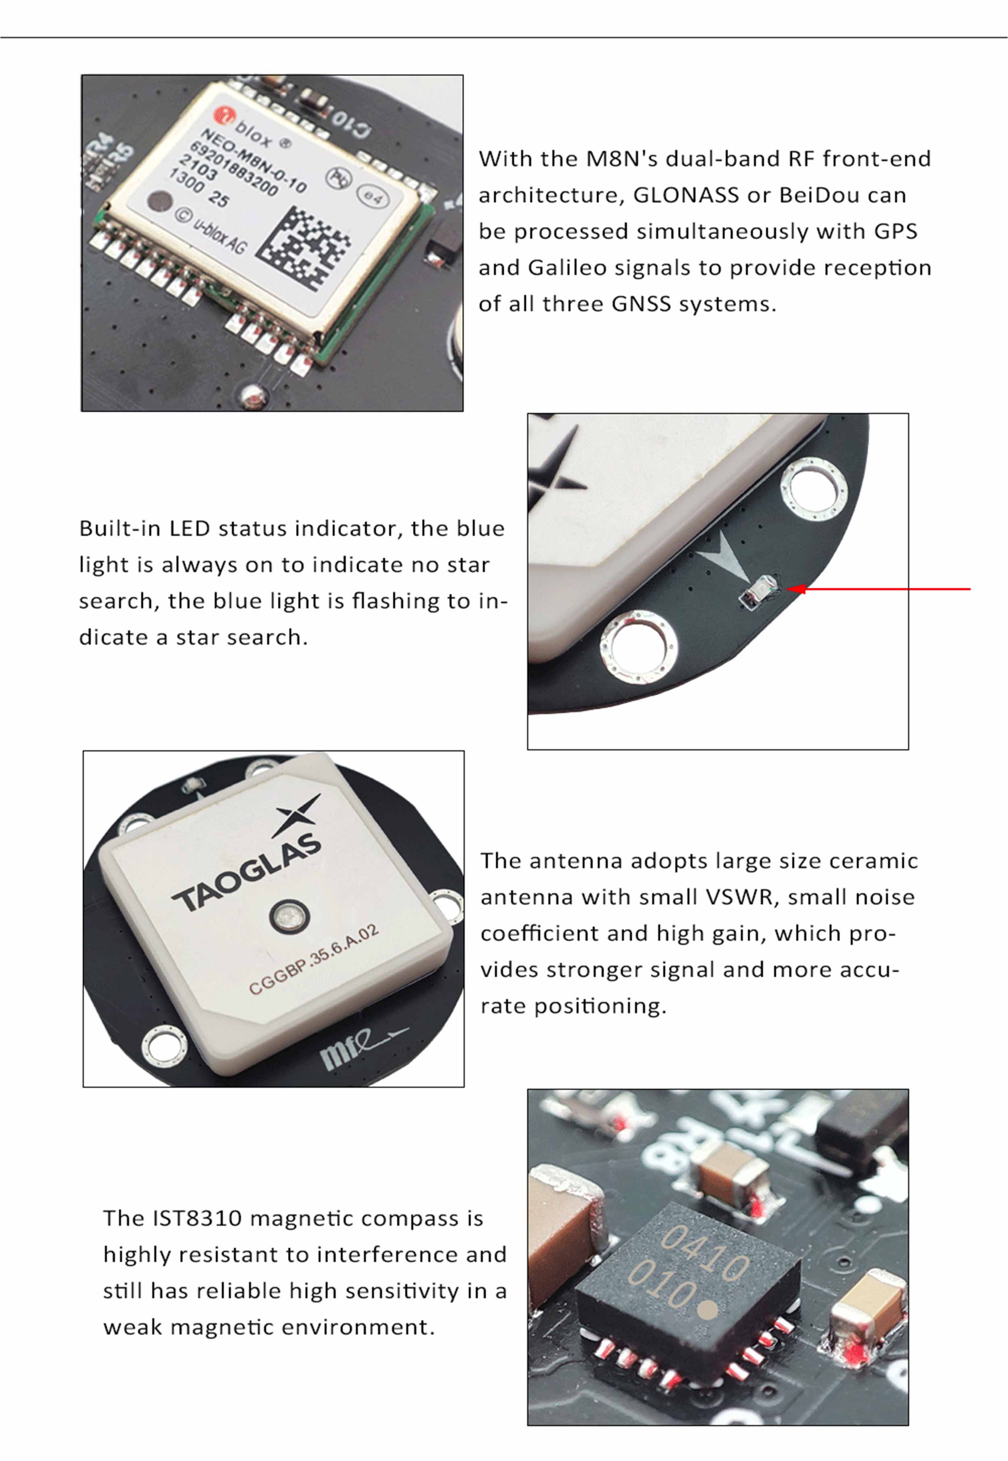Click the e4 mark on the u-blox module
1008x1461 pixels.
click(373, 197)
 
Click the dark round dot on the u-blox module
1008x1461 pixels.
click(160, 201)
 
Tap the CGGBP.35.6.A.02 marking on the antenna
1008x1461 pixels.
click(314, 959)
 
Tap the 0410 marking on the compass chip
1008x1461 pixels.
click(705, 1255)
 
